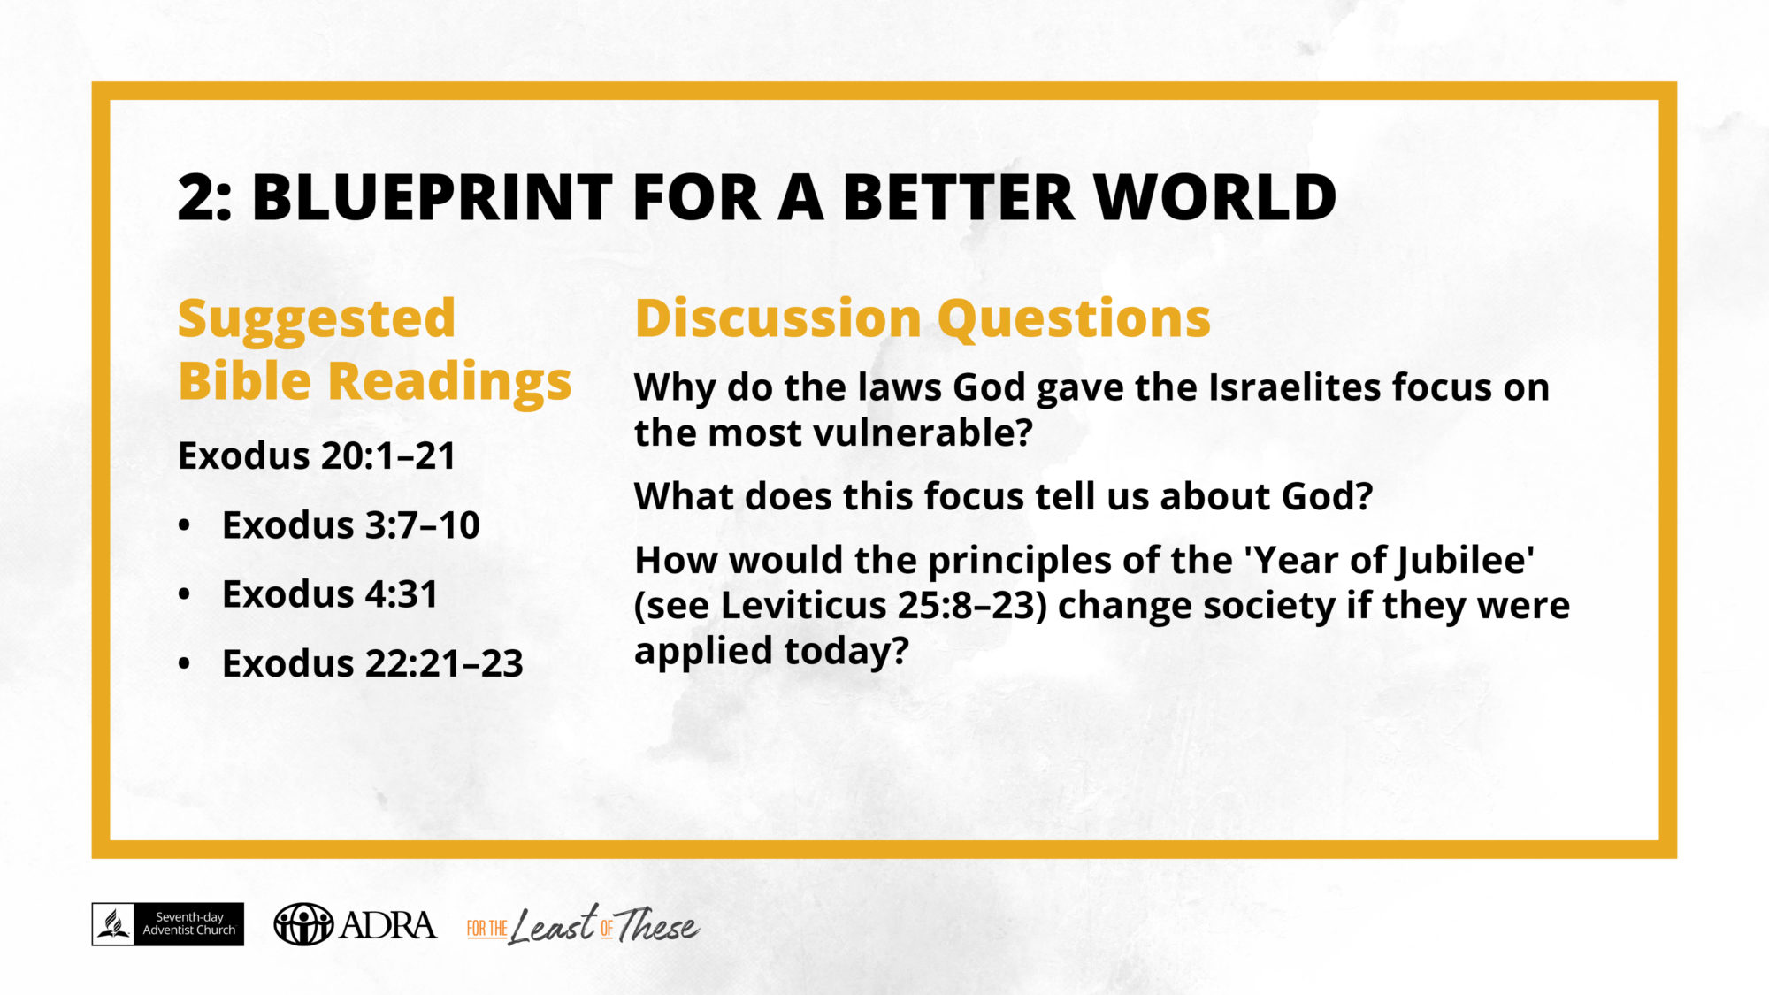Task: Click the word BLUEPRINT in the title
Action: [432, 196]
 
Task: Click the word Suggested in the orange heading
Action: [316, 320]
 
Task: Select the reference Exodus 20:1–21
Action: [317, 456]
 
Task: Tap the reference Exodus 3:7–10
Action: [350, 525]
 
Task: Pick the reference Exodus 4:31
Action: [329, 594]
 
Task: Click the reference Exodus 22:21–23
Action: [372, 663]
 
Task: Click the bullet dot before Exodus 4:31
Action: [184, 594]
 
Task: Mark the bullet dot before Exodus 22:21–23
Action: [184, 663]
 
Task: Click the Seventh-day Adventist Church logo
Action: [167, 924]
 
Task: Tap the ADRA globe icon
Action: [303, 924]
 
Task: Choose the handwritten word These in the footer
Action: [656, 925]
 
